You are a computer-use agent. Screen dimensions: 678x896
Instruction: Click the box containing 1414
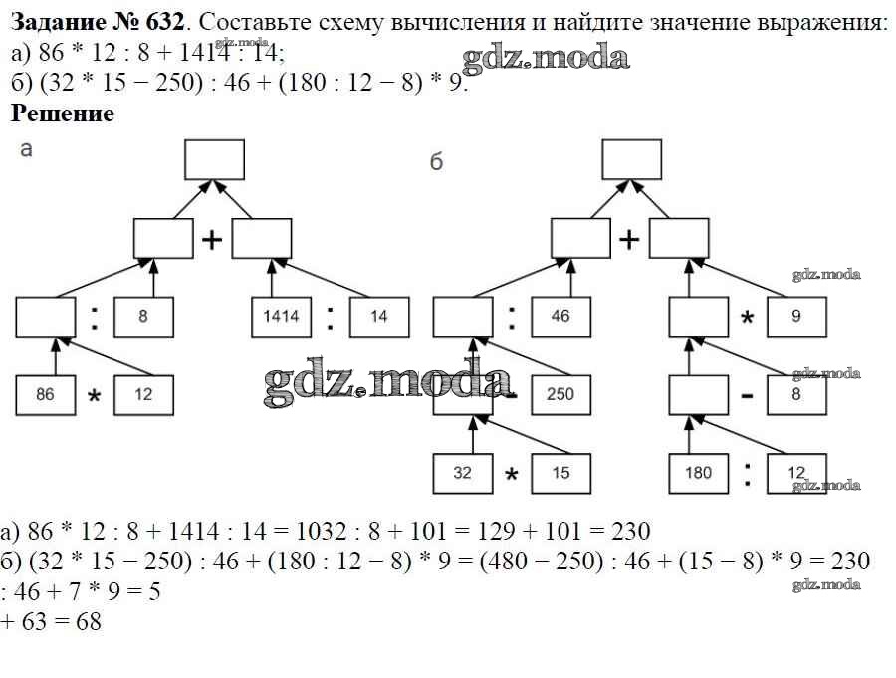tap(281, 318)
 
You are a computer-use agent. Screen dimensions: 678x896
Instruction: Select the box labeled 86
tap(45, 394)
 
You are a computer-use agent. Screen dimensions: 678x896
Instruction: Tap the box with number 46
tap(560, 318)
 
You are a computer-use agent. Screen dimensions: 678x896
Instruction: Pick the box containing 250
tap(560, 393)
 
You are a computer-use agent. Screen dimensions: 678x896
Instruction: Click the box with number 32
tap(462, 473)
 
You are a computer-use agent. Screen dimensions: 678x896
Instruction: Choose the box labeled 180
tap(699, 473)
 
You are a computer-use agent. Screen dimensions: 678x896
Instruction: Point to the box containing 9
tap(796, 318)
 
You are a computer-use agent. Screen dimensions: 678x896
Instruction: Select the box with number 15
tap(560, 473)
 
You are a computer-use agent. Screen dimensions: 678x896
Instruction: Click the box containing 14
tap(379, 318)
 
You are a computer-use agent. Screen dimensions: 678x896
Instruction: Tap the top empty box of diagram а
tap(214, 159)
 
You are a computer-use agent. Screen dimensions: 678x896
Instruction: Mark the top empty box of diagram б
tap(631, 159)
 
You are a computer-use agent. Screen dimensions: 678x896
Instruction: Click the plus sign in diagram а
tap(212, 240)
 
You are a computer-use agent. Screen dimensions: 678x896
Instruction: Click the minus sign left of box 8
tap(747, 395)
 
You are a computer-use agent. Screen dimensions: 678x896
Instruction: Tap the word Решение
tap(62, 113)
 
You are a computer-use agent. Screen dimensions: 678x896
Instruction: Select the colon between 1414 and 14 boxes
tap(330, 318)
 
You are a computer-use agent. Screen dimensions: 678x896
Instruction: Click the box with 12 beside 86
tap(143, 394)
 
